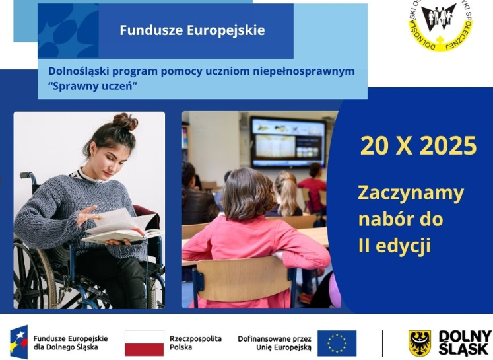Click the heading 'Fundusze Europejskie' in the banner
(x=192, y=30)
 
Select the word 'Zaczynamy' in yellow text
(x=411, y=194)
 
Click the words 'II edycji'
(x=394, y=246)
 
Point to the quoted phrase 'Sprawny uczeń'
(x=92, y=87)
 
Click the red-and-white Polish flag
(x=144, y=343)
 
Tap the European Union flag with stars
(x=337, y=343)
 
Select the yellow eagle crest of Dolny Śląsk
(x=420, y=343)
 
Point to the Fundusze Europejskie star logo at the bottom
(x=19, y=342)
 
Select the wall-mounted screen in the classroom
(x=287, y=141)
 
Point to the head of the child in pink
(x=248, y=193)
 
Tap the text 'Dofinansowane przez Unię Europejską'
(x=274, y=342)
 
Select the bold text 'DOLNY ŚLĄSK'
(x=465, y=343)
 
